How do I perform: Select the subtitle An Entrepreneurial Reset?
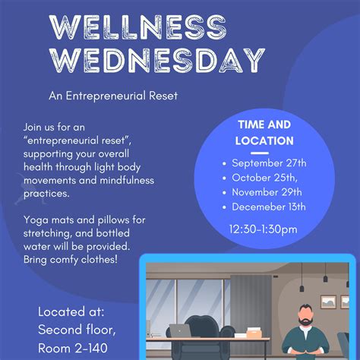113,96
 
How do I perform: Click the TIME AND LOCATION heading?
265,133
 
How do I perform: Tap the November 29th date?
267,191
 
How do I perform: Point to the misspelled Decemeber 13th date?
269,206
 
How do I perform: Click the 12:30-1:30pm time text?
263,229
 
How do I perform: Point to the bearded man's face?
306,315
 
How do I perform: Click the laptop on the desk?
179,331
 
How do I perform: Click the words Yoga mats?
51,220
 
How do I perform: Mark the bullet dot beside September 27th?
224,163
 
